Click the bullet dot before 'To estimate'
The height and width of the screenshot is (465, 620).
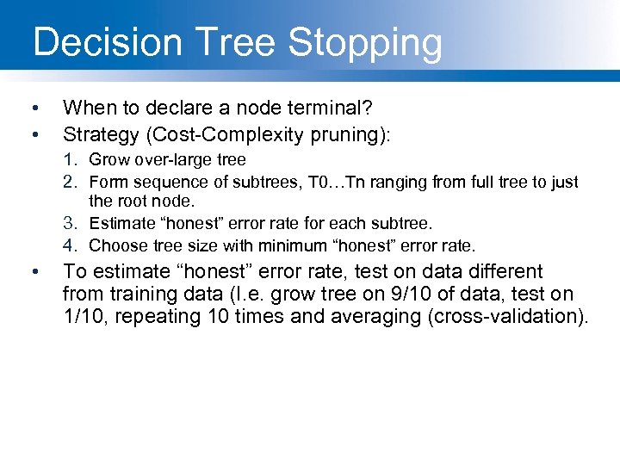[x=34, y=273]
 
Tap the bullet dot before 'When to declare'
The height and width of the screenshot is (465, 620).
[x=34, y=108]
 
